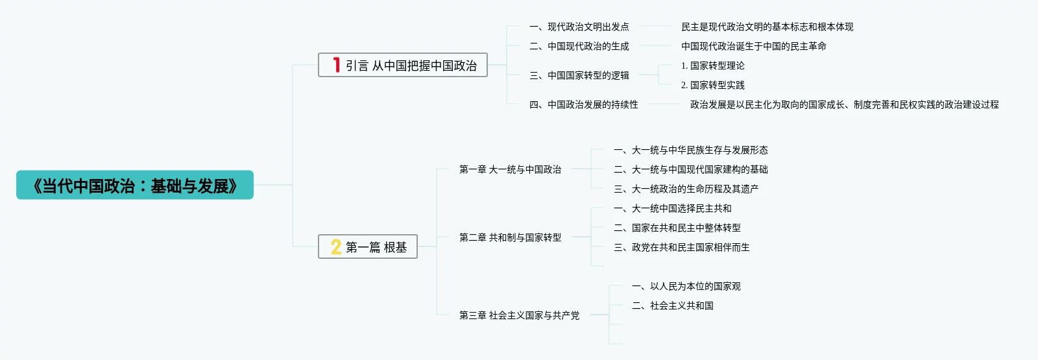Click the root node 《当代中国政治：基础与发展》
[x=135, y=186]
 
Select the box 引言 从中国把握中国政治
[x=403, y=66]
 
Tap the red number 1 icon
[x=336, y=65]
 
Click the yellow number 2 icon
[x=336, y=246]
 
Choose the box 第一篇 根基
[x=368, y=247]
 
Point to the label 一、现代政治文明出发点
[x=579, y=27]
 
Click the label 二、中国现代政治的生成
[x=579, y=47]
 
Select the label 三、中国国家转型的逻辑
[x=579, y=76]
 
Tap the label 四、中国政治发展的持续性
[x=584, y=105]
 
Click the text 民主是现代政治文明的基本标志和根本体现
[x=767, y=27]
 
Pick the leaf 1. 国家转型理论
[x=712, y=66]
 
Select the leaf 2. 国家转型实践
[x=712, y=86]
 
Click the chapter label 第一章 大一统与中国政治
[x=510, y=170]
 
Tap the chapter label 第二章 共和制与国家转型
[x=510, y=238]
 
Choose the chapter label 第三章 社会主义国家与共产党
[x=519, y=316]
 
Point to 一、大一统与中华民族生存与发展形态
[x=691, y=150]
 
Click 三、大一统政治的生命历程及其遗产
[x=686, y=189]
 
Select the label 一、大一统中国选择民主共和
[x=673, y=209]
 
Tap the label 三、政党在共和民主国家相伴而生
[x=682, y=248]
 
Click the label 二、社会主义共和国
[x=673, y=306]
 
